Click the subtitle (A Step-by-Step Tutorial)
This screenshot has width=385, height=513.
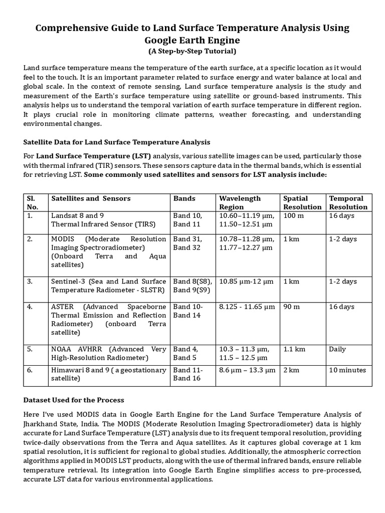tap(192, 51)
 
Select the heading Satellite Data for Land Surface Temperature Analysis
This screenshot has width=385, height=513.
tap(117, 142)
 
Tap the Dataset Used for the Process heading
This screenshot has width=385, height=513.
tap(74, 400)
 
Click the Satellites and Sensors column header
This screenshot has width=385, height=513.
tap(91, 198)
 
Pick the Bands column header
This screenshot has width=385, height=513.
tap(184, 198)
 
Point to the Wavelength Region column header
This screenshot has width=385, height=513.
tap(240, 202)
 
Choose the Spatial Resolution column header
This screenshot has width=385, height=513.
tap(302, 202)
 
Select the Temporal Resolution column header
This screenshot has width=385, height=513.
tap(348, 202)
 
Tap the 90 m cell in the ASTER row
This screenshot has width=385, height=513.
tap(291, 307)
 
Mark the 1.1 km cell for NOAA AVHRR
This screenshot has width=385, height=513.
tap(294, 349)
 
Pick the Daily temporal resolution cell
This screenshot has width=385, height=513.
tap(337, 349)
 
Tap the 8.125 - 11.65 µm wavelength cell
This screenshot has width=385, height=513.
tap(247, 307)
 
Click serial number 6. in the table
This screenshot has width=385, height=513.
tap(30, 370)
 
